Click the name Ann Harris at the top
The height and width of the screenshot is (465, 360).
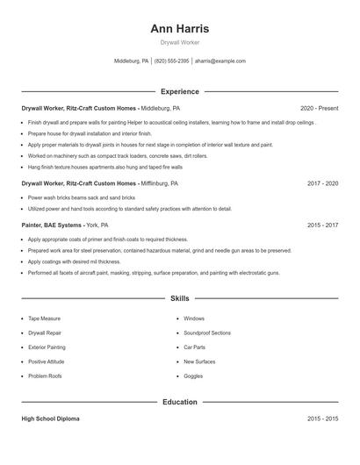[179, 28]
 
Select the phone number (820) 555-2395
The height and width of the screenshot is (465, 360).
[171, 61]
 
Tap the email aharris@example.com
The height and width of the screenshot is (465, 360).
[220, 61]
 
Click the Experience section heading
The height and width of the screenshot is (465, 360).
[179, 91]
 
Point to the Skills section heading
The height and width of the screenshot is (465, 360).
[179, 299]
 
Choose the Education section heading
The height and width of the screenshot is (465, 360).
[179, 402]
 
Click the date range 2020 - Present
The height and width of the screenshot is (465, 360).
[319, 109]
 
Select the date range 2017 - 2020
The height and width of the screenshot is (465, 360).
[322, 184]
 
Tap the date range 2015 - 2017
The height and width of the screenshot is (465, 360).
[322, 225]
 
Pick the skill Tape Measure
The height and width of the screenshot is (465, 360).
[45, 318]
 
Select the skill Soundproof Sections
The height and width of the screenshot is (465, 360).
[207, 333]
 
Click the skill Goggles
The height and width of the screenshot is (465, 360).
[193, 376]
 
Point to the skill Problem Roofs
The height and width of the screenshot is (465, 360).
[46, 376]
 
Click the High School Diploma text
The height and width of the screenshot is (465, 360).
[50, 419]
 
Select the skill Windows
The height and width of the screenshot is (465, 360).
[194, 318]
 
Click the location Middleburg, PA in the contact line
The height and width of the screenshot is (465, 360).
[132, 61]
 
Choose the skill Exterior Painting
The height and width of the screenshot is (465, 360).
[47, 347]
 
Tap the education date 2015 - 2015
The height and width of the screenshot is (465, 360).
[322, 419]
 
